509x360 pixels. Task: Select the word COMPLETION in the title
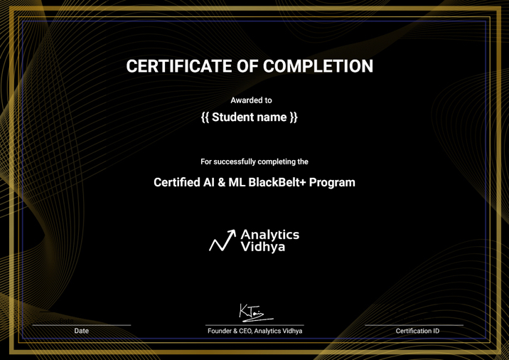click(318, 67)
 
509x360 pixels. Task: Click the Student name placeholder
click(250, 117)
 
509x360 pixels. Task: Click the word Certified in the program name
click(178, 182)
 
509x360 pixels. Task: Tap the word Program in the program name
click(332, 182)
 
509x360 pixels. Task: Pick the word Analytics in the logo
click(270, 234)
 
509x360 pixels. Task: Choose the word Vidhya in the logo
click(263, 248)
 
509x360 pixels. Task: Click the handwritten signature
click(254, 310)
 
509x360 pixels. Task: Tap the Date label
click(82, 332)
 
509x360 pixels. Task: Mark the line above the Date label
click(82, 325)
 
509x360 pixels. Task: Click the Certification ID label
click(417, 332)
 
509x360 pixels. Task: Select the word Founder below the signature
click(220, 332)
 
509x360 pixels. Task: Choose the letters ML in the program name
click(238, 182)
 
